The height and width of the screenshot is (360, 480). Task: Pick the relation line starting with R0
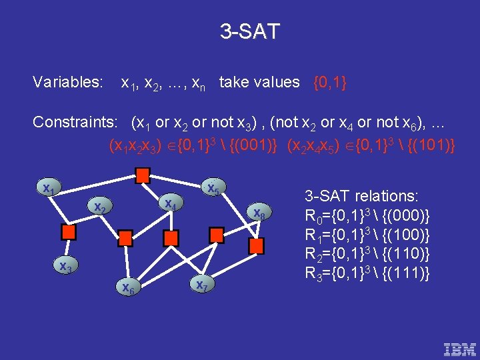coord(367,216)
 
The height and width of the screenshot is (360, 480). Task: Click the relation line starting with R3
coord(367,273)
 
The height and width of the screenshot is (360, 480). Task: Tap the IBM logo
coord(460,348)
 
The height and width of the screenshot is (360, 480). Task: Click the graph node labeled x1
coord(49,189)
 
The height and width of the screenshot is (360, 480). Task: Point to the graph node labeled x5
coord(213,189)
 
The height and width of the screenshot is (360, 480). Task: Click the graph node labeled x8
coord(259,213)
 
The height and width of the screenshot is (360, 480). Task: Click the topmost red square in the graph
coord(142,175)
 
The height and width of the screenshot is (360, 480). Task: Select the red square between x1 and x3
coord(67,232)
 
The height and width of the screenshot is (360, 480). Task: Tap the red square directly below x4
coord(171,238)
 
